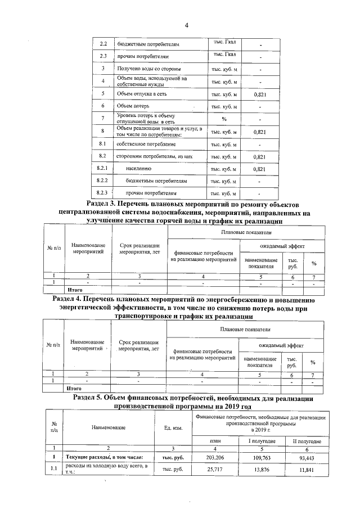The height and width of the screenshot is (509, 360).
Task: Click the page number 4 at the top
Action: point(186,24)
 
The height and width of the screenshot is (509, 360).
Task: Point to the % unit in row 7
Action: point(224,119)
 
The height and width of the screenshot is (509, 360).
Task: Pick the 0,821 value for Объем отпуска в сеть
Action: point(259,94)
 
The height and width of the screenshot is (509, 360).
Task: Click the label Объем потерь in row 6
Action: point(132,106)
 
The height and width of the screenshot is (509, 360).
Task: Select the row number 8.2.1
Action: point(102,169)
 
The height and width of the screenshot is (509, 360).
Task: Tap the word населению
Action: point(138,169)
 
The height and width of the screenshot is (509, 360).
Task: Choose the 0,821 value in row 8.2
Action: point(259,156)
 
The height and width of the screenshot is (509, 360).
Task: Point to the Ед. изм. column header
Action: point(169,429)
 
